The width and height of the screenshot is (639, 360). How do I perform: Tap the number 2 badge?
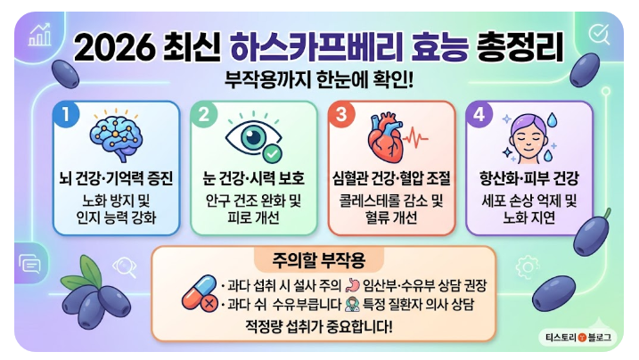[203, 115]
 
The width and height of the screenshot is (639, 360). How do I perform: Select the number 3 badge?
[341, 116]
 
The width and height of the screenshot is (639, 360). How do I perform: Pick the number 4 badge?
[479, 116]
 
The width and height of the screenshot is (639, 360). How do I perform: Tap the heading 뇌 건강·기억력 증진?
[117, 178]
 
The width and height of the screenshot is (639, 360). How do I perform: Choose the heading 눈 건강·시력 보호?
[254, 178]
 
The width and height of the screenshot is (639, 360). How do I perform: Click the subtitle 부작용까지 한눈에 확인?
[323, 78]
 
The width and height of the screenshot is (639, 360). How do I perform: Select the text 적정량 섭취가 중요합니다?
[324, 325]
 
